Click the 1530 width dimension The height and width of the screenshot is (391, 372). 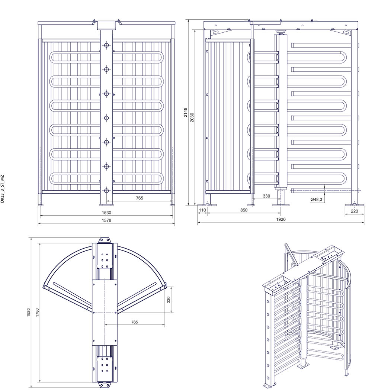tap(106, 213)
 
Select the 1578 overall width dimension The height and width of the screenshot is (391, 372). tap(106, 220)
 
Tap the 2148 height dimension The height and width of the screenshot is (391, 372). tap(186, 113)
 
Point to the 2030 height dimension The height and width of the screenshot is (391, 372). tap(192, 117)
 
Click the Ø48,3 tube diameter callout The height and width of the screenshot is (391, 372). tap(316, 199)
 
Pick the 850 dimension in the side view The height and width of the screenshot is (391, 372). tap(244, 210)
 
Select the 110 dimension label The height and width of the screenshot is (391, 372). tap(202, 210)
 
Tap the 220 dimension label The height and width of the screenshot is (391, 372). tap(354, 211)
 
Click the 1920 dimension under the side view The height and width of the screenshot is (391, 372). tap(281, 219)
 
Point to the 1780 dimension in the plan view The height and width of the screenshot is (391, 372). tap(38, 313)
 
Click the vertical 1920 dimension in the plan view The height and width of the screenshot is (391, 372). tap(29, 313)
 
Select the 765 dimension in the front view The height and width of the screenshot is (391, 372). tap(139, 198)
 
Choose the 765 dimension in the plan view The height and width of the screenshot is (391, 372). tap(135, 322)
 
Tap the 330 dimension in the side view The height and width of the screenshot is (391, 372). tap(266, 196)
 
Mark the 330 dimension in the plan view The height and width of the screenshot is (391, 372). tap(169, 300)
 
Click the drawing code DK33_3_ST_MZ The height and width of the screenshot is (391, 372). tap(3, 189)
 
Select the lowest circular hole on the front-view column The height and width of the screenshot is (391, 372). tap(107, 191)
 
